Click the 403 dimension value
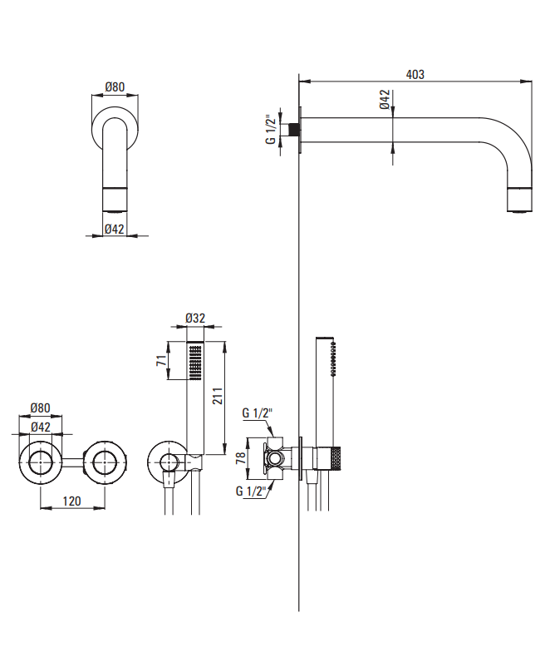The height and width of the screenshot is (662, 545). coord(415,74)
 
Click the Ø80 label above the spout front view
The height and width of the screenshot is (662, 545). coord(115,86)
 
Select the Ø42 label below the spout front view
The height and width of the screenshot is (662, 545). coord(115,229)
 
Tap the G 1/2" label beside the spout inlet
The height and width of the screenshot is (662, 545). coord(271,129)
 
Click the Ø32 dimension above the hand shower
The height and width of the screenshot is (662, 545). coord(195,319)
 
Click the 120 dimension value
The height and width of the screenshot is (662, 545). coord(72,501)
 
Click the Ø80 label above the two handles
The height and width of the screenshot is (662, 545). coord(41,408)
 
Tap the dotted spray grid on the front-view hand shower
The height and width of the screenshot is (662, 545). coord(195,361)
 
